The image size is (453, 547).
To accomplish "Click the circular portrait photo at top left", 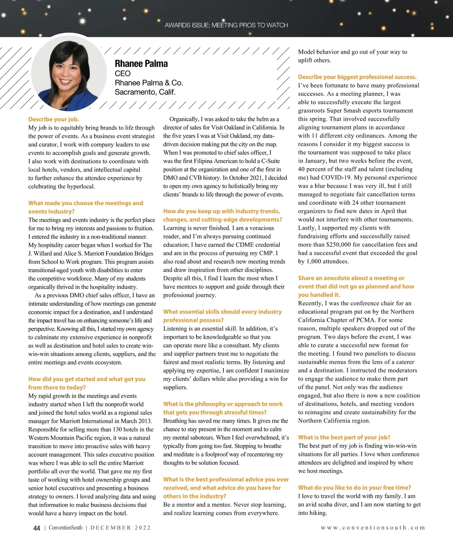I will click(x=69, y=73).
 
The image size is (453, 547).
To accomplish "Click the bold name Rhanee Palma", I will click(x=141, y=64).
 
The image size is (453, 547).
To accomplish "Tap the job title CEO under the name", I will click(x=123, y=74).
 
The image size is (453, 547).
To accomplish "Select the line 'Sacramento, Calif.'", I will click(x=145, y=92).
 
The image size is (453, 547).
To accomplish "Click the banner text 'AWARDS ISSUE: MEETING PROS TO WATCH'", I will click(x=226, y=25).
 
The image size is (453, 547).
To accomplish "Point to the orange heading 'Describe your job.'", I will click(x=54, y=119).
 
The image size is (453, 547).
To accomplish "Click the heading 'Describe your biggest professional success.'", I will click(x=357, y=77).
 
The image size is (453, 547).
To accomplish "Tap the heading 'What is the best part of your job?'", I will click(x=344, y=437).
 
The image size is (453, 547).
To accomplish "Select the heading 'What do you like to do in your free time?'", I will click(x=354, y=487).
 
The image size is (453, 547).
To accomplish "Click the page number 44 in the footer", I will click(x=37, y=528).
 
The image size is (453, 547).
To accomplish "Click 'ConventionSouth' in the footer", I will click(x=65, y=528).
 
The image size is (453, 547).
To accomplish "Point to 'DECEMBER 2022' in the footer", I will click(x=120, y=528).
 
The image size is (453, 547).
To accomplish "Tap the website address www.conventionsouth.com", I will click(x=373, y=528).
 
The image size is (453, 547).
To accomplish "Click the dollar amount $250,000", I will click(x=339, y=244).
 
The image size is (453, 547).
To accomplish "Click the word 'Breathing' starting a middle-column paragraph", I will click(x=176, y=421).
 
